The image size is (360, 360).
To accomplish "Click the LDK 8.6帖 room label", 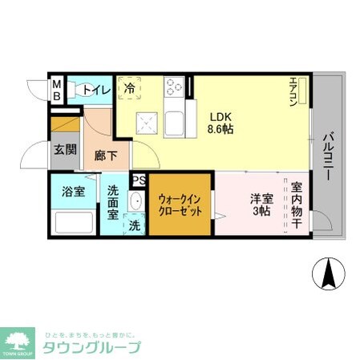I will (220, 120).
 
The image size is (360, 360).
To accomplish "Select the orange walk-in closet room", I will (180, 204).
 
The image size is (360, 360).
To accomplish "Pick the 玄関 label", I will (65, 149).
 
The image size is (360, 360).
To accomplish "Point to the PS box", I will (139, 181).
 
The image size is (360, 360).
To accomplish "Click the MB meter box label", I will (57, 87).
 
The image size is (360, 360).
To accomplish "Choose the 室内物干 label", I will (296, 204).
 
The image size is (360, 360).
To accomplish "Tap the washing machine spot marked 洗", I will (134, 226).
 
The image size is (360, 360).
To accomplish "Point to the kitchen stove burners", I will (174, 86).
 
